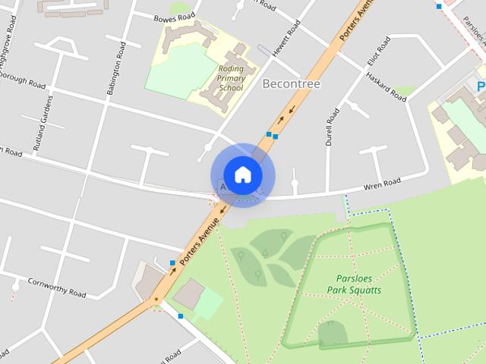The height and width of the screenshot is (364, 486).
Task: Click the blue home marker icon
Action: click(242, 174)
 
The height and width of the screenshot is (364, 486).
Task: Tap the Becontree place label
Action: click(291, 83)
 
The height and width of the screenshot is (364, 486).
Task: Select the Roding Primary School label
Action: click(230, 78)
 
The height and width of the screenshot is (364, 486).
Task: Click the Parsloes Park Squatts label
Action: click(354, 284)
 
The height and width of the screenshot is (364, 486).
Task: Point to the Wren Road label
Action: click(381, 184)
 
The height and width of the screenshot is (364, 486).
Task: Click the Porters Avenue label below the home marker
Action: click(200, 236)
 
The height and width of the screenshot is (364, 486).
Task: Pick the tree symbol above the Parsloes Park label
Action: click(284, 236)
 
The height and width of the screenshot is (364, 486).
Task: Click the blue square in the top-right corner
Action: click(439, 6)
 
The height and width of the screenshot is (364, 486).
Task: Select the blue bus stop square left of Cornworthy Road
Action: click(172, 263)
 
